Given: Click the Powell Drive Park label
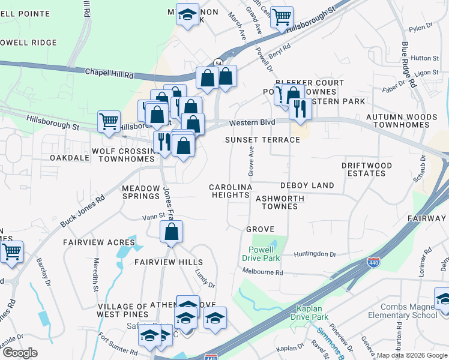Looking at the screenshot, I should point(261,254).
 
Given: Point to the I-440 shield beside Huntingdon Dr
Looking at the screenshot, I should point(373,262).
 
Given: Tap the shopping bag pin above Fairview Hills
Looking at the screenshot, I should point(172,232).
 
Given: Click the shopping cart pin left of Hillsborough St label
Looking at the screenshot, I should point(109,121).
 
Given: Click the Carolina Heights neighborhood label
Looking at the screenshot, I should point(230,191).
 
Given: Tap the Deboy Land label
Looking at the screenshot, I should point(307,185).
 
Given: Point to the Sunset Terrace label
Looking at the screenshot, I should point(262,140).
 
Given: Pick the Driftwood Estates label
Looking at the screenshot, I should point(366,169).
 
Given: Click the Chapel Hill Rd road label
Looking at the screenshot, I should point(109,74).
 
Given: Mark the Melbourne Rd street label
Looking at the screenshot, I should point(262,272).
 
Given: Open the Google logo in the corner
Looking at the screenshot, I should point(20,353).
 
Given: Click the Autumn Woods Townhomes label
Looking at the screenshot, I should point(402,121).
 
